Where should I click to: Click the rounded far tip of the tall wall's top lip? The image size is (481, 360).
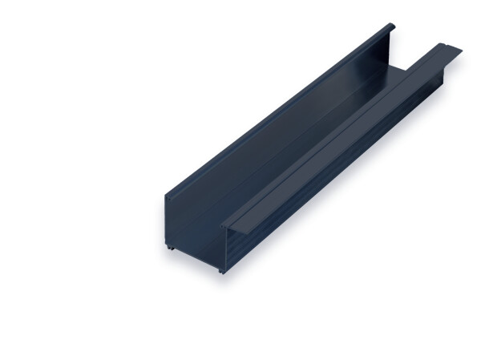pyautogui.click(x=391, y=26)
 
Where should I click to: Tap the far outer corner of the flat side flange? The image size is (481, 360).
pyautogui.click(x=463, y=50)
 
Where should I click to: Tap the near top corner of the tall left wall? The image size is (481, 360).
pyautogui.click(x=167, y=195)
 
